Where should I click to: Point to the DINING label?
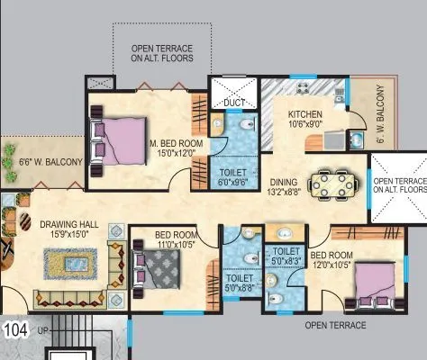tap(284, 182)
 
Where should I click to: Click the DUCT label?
tap(234, 103)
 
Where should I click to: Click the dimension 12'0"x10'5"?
tap(332, 265)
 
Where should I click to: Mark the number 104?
tap(15, 329)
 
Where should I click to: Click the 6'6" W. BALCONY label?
tap(45, 163)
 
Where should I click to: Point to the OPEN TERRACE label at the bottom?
tap(335, 325)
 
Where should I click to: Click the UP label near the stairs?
tap(42, 332)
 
